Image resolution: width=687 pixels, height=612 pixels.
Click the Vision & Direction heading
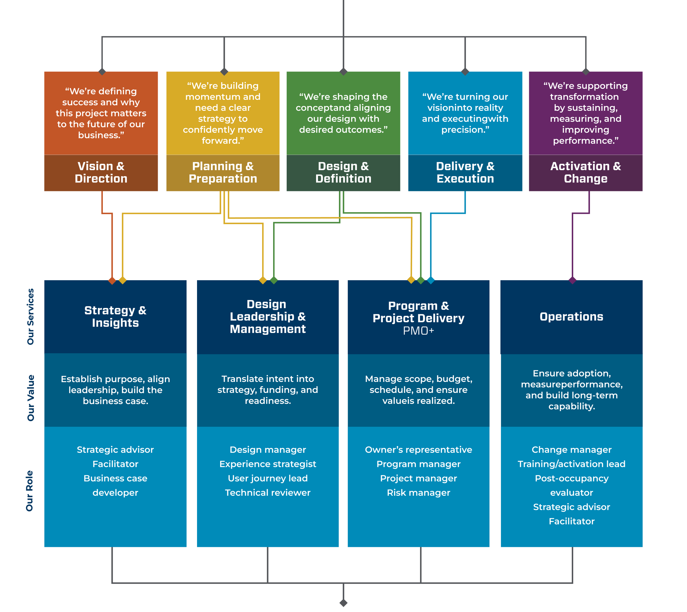tap(101, 172)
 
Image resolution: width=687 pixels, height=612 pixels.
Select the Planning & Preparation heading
tap(223, 172)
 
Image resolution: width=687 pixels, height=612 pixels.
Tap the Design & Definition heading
tap(343, 172)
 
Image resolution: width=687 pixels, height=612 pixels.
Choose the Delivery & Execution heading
tap(465, 172)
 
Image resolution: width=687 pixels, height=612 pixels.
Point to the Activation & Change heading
tap(586, 172)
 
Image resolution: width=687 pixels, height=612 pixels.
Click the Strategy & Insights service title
tap(115, 316)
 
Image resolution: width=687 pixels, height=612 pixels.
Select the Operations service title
tap(571, 316)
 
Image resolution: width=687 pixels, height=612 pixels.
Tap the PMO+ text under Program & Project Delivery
tap(419, 331)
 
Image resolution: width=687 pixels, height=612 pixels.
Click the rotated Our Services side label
tap(31, 316)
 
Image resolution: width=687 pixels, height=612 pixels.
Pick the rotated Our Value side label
tap(31, 398)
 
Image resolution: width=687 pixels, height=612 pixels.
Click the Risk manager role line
tap(419, 493)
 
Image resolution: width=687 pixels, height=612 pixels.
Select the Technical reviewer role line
tap(268, 493)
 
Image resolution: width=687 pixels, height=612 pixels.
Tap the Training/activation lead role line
tap(571, 464)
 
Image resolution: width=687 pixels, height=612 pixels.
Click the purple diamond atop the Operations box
tap(572, 280)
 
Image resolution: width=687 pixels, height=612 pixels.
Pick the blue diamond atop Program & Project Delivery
tap(431, 280)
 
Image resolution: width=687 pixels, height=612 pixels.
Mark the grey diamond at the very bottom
tap(343, 603)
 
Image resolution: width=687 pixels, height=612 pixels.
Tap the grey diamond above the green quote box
tap(343, 72)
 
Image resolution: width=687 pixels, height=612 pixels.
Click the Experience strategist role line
tap(268, 464)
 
